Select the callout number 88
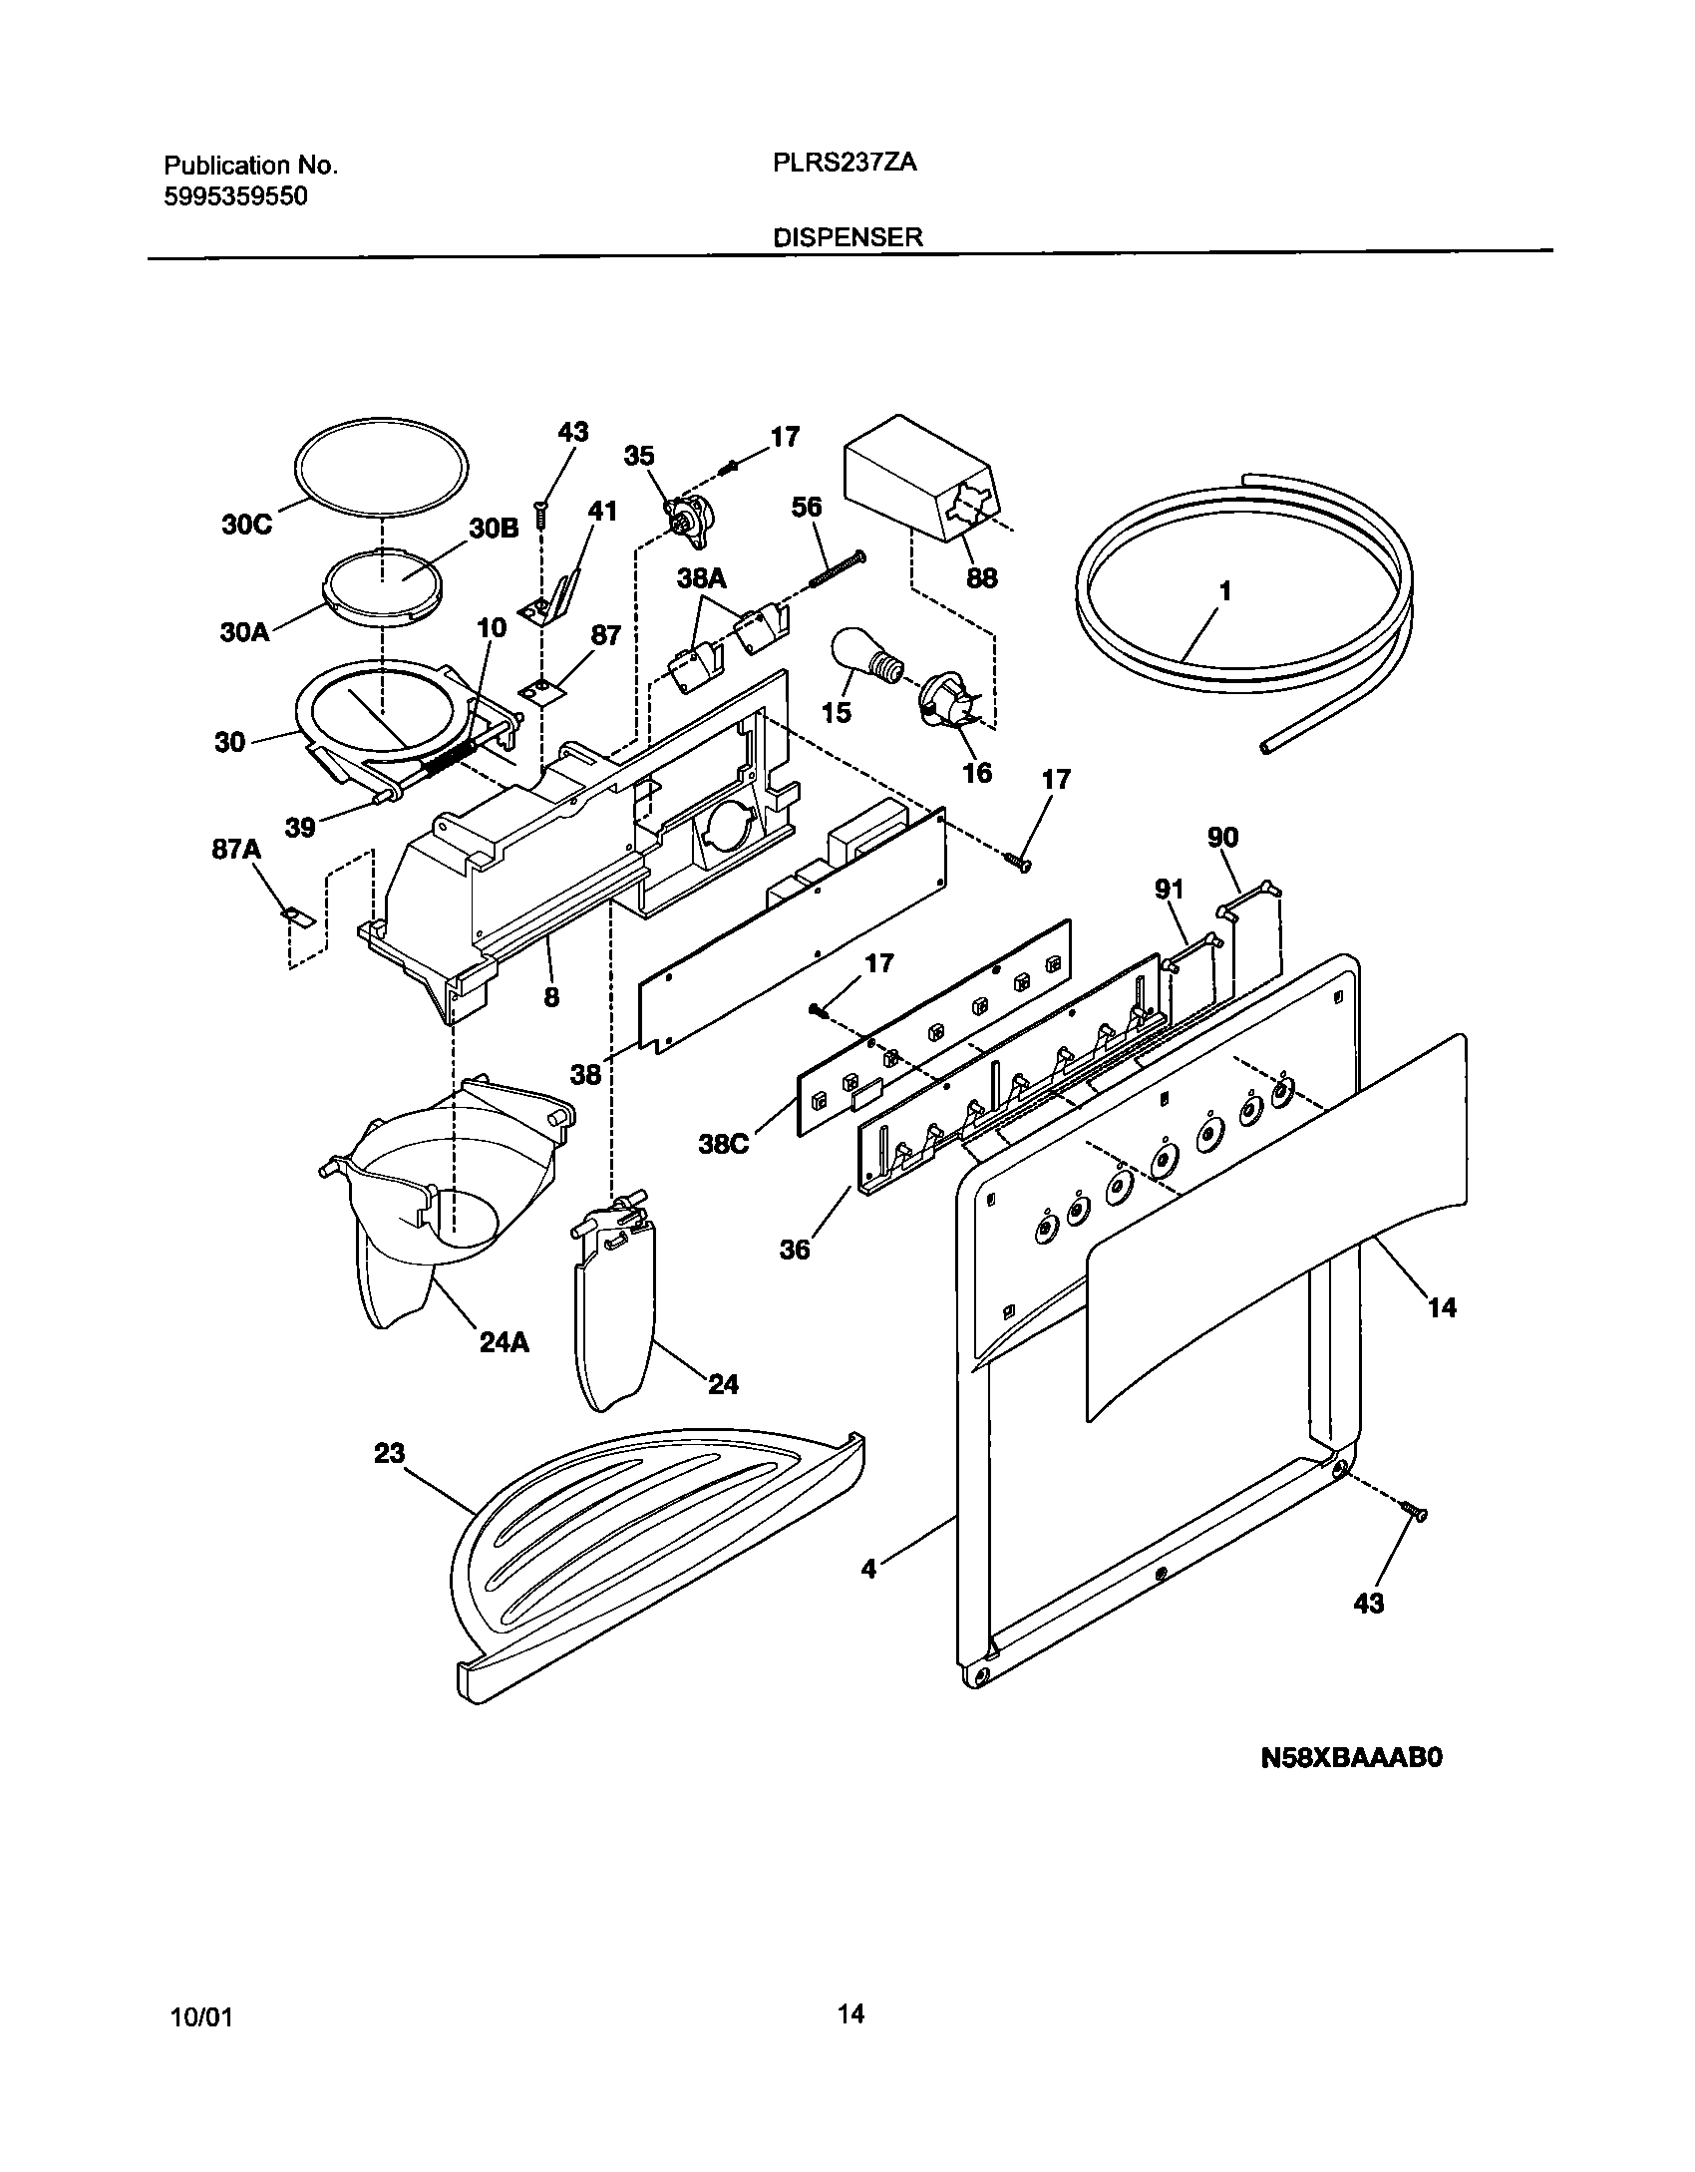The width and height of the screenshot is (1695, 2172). point(981,578)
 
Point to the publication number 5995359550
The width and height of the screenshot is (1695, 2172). point(235,196)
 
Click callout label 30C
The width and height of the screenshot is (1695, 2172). point(246,525)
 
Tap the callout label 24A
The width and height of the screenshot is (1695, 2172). point(504,1343)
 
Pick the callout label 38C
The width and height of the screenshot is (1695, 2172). point(723,1144)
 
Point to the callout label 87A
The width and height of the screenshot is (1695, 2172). point(236,849)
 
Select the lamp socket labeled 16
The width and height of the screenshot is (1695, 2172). point(945,697)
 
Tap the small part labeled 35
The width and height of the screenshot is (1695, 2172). point(687,521)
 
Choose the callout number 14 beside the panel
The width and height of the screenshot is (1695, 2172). point(1442,1306)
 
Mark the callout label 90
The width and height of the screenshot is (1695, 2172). point(1222,838)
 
